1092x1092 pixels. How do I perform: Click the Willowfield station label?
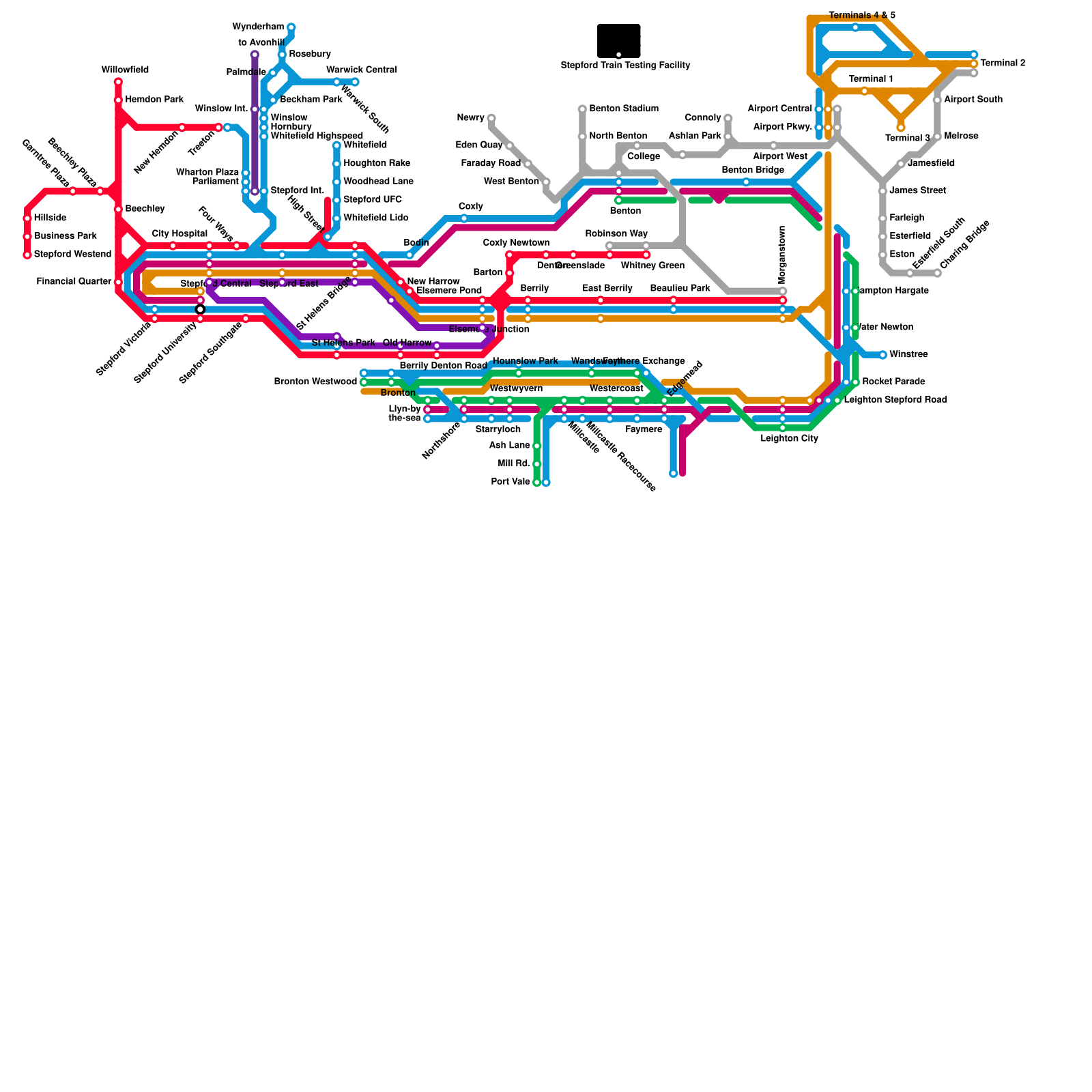click(x=125, y=70)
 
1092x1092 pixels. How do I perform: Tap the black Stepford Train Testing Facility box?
click(x=618, y=41)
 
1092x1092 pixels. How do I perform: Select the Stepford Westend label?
click(x=72, y=255)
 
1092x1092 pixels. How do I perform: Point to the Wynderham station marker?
click(x=291, y=27)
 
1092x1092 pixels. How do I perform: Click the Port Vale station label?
click(x=511, y=482)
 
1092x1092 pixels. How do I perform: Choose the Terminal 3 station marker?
click(x=901, y=128)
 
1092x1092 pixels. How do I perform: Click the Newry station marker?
click(x=491, y=118)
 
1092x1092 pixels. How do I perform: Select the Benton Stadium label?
click(x=624, y=109)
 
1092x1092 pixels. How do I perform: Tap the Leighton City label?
click(x=789, y=438)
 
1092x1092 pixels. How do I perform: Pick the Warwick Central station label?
click(x=361, y=70)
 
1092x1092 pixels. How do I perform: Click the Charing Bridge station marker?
click(x=938, y=273)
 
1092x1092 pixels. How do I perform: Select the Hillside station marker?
click(x=27, y=218)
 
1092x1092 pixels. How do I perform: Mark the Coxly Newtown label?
click(x=516, y=243)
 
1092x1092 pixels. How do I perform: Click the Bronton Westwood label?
click(x=315, y=382)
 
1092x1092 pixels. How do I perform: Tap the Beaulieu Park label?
click(x=680, y=289)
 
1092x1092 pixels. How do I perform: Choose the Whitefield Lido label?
click(x=375, y=218)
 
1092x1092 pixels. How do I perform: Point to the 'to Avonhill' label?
click(x=261, y=43)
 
